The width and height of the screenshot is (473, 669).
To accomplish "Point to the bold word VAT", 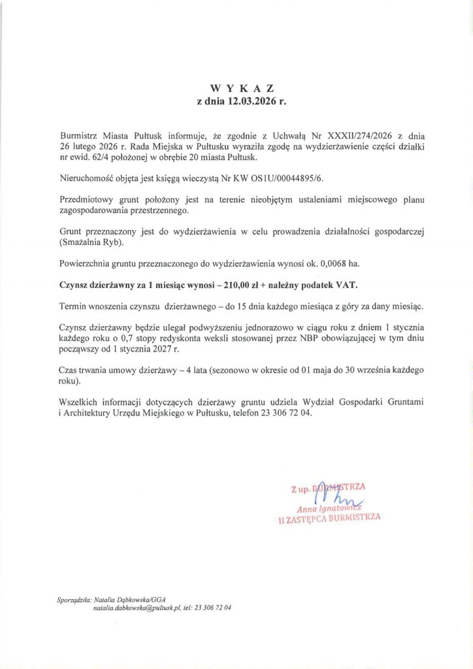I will click(346, 285).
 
